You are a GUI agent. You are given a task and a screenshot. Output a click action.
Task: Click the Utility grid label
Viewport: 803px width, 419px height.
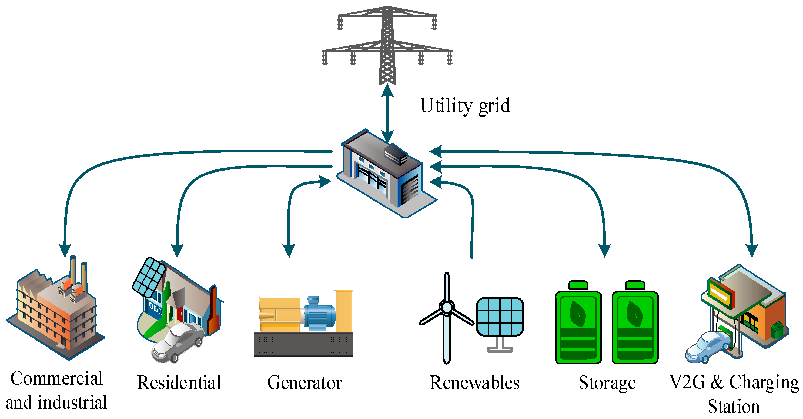(465, 106)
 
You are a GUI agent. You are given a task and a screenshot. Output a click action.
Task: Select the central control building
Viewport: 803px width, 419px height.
(387, 173)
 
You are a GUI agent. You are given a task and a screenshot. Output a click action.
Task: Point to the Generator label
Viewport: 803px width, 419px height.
(305, 383)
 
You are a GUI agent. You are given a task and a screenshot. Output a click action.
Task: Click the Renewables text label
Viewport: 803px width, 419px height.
(474, 383)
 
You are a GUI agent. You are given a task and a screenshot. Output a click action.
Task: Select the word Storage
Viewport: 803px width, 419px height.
(607, 383)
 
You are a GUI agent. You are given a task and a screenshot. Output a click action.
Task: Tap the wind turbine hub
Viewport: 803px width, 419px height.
(447, 308)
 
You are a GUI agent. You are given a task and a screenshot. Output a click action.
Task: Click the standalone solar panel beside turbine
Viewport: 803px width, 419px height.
(500, 317)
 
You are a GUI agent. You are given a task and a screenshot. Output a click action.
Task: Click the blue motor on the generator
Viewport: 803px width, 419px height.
(319, 314)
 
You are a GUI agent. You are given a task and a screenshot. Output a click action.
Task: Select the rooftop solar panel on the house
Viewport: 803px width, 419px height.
(149, 277)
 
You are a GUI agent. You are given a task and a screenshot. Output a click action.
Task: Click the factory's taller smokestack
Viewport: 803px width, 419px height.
(73, 270)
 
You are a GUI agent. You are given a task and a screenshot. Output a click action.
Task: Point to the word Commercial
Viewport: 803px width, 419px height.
(56, 378)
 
